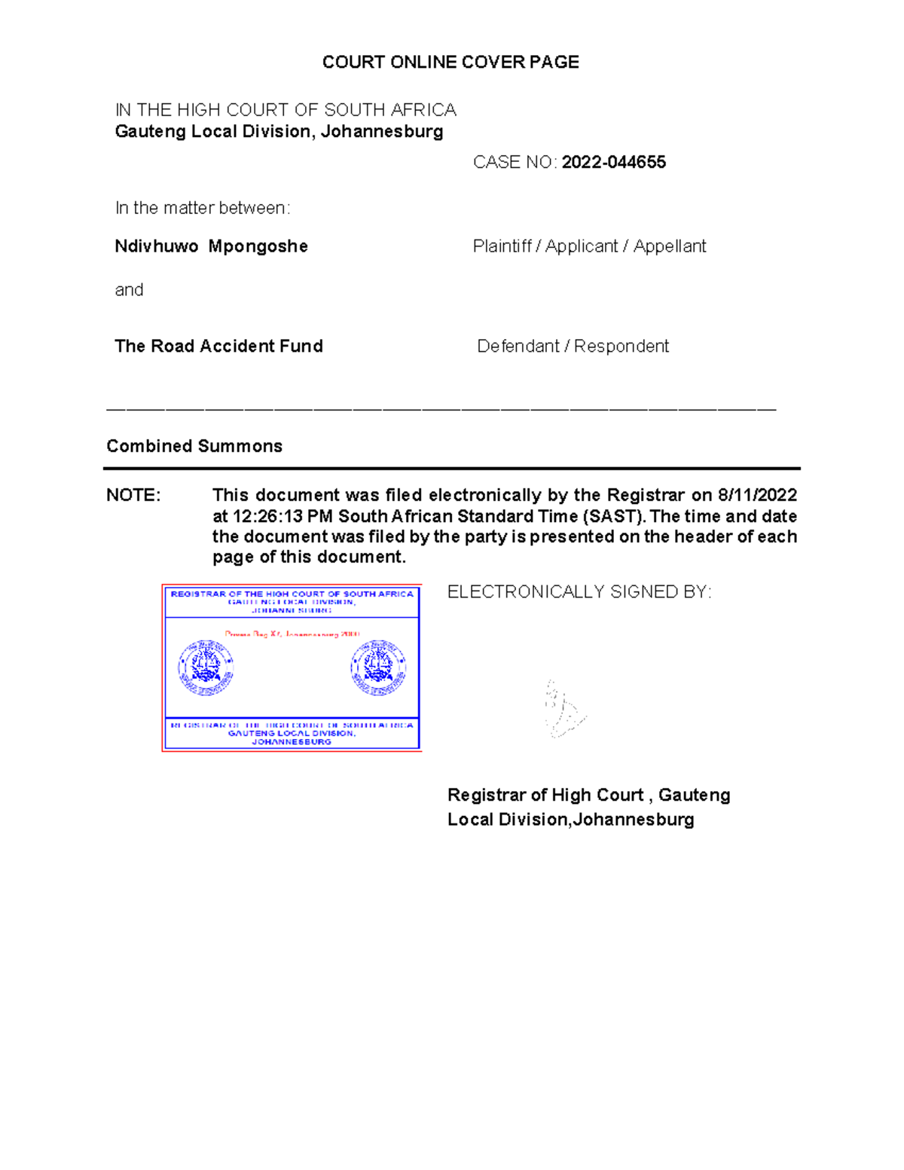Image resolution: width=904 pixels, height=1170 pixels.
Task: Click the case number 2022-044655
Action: click(613, 162)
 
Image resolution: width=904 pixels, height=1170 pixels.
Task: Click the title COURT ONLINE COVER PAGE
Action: click(450, 62)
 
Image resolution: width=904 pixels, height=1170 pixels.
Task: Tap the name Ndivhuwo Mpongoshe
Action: click(211, 246)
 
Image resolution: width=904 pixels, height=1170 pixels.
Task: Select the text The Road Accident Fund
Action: click(218, 346)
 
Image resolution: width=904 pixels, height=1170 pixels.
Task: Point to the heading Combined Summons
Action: click(194, 446)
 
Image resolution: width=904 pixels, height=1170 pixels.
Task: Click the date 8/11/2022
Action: click(757, 495)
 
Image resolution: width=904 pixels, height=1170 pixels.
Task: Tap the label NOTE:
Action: click(133, 495)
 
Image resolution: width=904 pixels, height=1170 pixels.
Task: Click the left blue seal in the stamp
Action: click(206, 667)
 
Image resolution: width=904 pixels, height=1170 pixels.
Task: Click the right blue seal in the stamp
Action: click(378, 667)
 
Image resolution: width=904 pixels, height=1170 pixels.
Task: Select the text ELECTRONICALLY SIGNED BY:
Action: click(579, 592)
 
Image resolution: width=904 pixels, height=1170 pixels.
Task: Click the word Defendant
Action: click(518, 346)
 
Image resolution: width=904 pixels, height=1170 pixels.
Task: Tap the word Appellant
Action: click(670, 246)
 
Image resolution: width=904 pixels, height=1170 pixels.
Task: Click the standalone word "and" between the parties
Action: click(129, 290)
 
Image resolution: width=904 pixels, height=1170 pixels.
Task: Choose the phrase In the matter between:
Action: click(202, 208)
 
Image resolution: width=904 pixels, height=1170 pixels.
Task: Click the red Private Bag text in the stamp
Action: click(292, 634)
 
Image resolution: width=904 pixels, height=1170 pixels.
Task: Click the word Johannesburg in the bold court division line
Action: click(382, 132)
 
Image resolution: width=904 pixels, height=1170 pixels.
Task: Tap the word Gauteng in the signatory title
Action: click(694, 795)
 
